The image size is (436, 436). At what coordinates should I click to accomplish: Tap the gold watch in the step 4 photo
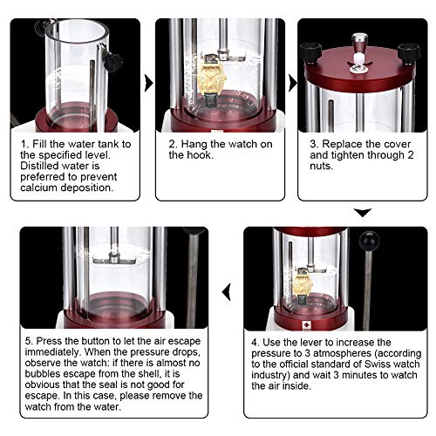point(303,287)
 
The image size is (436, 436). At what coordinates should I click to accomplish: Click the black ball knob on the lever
point(369,241)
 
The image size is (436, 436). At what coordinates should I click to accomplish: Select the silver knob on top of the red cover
point(359,44)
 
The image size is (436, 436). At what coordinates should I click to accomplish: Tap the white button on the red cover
point(359,61)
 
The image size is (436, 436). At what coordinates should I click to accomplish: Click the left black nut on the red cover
point(311,53)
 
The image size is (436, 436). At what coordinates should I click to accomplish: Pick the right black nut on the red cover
point(409,54)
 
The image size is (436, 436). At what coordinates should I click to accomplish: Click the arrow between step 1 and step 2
point(148,84)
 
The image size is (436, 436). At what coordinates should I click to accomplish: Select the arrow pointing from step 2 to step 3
point(292,84)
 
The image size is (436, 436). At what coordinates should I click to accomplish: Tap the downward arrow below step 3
point(363,213)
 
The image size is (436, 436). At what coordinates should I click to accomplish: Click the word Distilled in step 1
point(39,166)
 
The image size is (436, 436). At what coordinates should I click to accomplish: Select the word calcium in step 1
point(39,187)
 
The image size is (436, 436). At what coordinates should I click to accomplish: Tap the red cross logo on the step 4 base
point(307,325)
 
